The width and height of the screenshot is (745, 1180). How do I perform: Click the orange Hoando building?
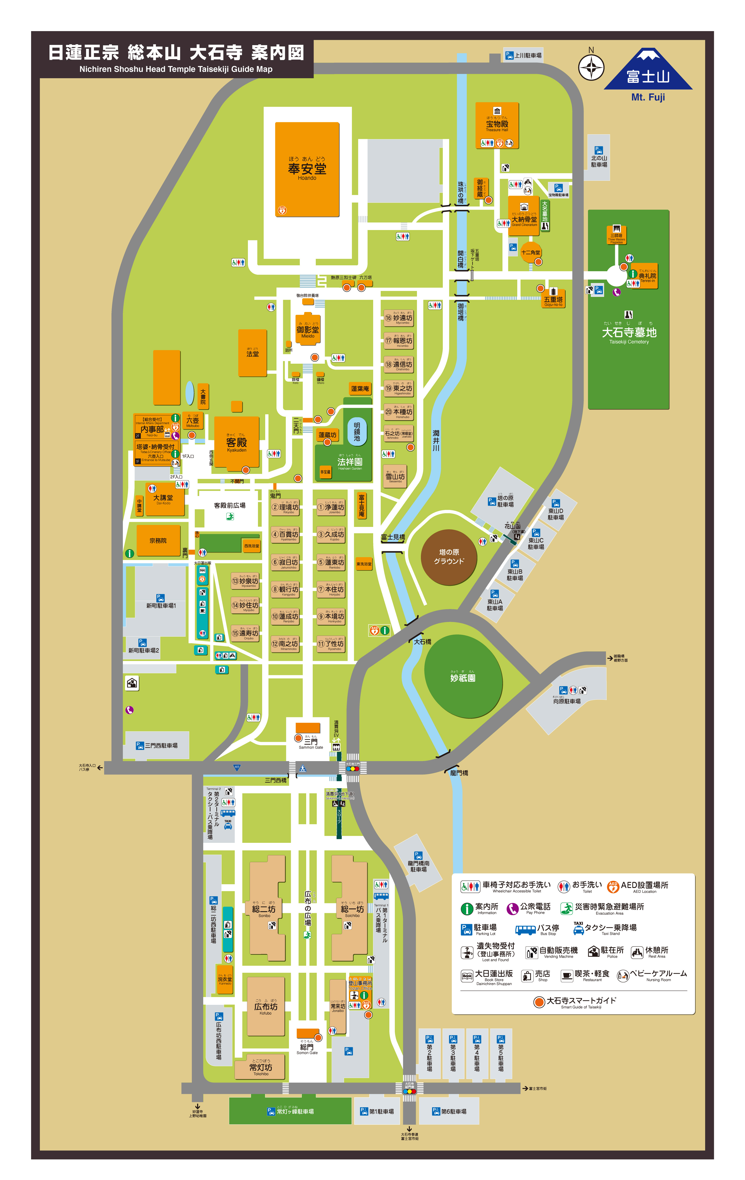pyautogui.click(x=307, y=169)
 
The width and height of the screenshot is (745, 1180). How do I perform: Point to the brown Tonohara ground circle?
pyautogui.click(x=449, y=557)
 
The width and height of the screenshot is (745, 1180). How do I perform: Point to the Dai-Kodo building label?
pyautogui.click(x=164, y=499)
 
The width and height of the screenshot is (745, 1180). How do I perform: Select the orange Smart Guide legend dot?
pyautogui.click(x=539, y=1002)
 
